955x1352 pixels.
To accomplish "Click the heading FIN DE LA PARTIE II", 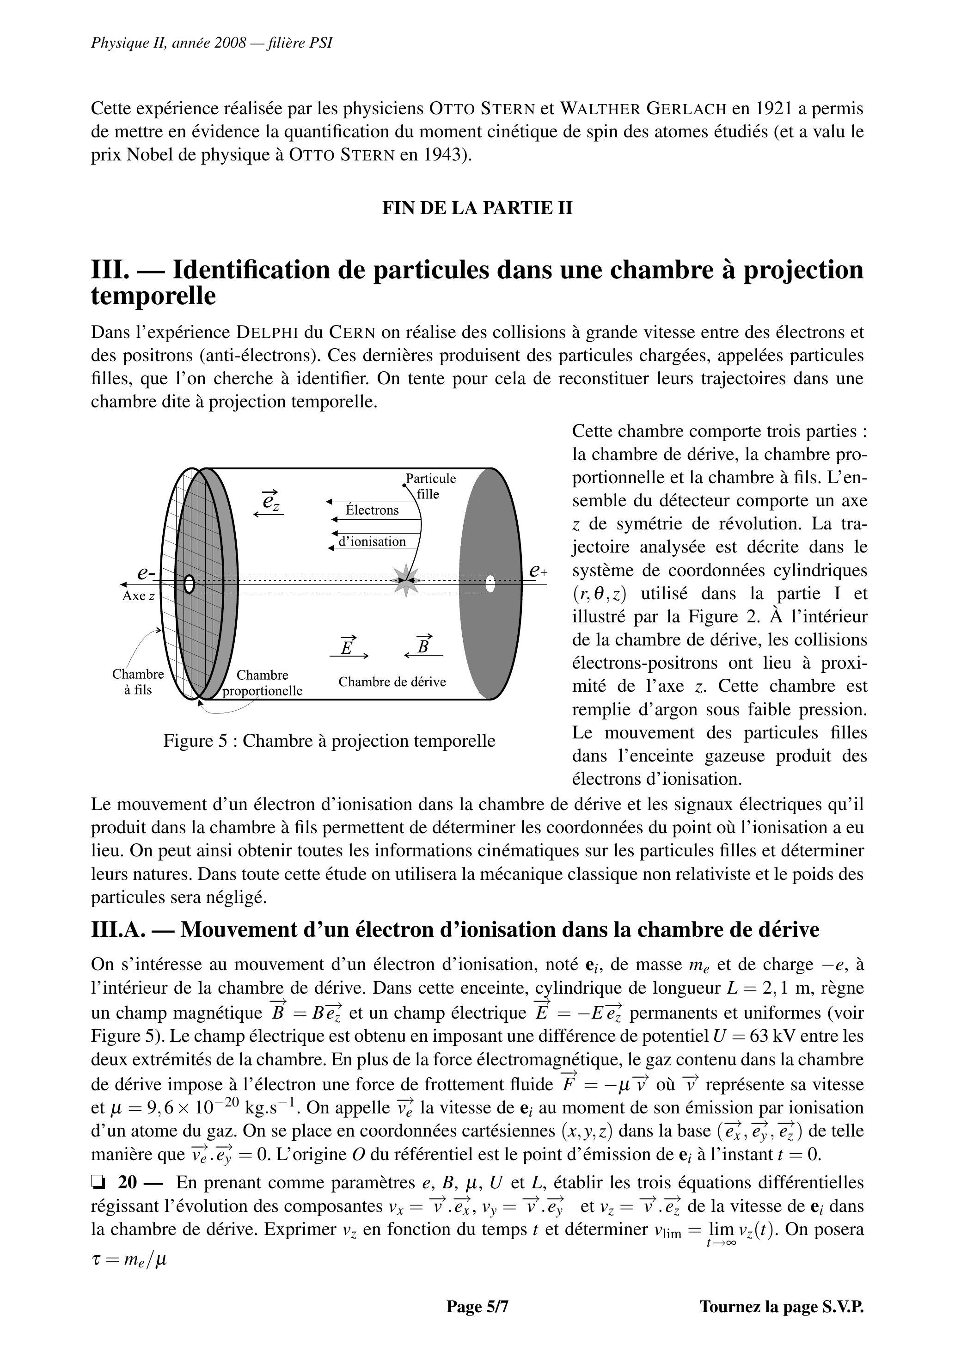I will (x=477, y=208).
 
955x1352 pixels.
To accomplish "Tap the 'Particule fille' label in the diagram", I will (x=431, y=486).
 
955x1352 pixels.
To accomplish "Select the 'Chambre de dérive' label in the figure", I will (x=392, y=682).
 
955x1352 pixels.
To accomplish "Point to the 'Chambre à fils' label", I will (x=138, y=682).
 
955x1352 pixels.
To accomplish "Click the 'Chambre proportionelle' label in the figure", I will (x=263, y=683).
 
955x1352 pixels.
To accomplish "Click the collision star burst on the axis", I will (x=406, y=580).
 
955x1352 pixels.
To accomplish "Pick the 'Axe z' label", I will (x=138, y=596).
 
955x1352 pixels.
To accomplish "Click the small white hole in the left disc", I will (x=189, y=584).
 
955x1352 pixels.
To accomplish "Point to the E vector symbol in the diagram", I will (x=348, y=646).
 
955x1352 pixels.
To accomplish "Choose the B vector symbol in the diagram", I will (x=423, y=646).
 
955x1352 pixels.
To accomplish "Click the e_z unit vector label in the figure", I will (x=270, y=501).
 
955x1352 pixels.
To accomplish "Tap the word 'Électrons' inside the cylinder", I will (x=372, y=510).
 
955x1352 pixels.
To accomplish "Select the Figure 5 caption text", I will (x=329, y=741).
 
